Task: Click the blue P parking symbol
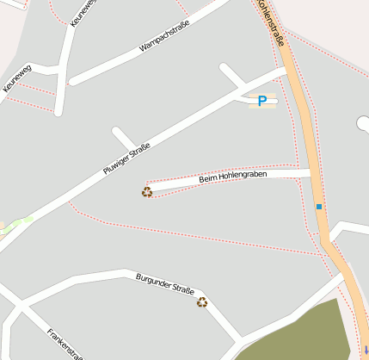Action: [262, 102]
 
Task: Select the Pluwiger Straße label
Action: [126, 158]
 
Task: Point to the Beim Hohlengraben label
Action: [232, 176]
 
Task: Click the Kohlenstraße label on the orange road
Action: [270, 20]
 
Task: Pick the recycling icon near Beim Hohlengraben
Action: [147, 192]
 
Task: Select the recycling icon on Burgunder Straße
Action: [202, 301]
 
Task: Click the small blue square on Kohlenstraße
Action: [319, 207]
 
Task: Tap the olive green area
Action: [301, 336]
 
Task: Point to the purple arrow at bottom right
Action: [366, 350]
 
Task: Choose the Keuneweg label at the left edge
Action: [17, 78]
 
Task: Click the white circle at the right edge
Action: [363, 124]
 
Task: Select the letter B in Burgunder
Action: [138, 276]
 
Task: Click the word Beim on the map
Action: [207, 179]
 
